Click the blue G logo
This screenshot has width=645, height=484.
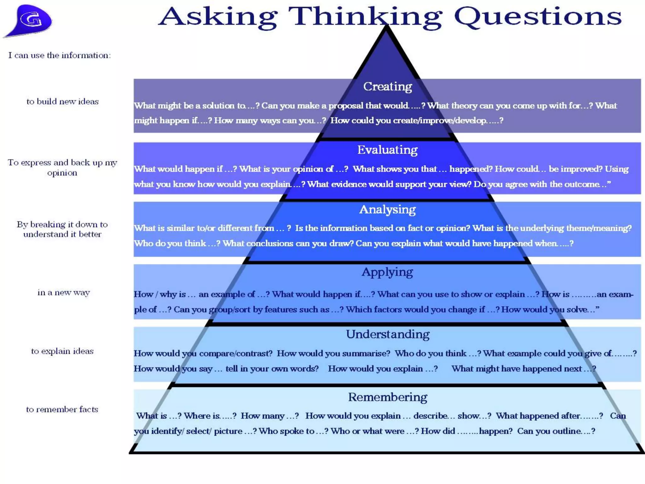30,20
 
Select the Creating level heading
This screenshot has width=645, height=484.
387,86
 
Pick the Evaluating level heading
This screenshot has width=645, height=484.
387,150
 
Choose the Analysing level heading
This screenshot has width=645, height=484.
387,210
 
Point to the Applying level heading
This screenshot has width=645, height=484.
387,272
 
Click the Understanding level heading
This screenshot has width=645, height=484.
387,334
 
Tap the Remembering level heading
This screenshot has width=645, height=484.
387,397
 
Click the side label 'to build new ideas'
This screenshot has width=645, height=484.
62,101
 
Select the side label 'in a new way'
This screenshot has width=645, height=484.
64,292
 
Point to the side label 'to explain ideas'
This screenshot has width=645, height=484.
62,351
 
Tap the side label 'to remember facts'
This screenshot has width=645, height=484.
62,409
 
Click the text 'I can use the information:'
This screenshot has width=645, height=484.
60,55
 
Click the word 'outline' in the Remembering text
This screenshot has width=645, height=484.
566,431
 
